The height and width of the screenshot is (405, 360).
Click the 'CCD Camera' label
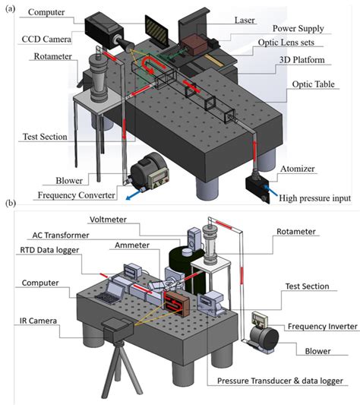click(46, 40)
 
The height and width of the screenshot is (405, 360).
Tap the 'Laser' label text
click(245, 21)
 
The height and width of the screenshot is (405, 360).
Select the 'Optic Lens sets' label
click(286, 43)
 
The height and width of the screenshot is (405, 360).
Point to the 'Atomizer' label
click(298, 169)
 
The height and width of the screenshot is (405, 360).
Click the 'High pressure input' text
click(314, 198)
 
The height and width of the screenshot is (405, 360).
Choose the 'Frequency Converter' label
click(76, 195)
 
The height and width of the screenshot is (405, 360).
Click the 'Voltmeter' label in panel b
click(108, 220)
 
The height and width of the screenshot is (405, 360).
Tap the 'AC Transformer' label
click(61, 236)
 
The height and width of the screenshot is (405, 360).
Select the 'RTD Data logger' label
click(49, 250)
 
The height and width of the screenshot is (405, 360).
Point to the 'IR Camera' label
click(38, 321)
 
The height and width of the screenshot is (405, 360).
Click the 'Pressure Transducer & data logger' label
click(280, 381)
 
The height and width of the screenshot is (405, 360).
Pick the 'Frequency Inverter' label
click(323, 327)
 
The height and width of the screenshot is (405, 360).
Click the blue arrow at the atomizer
click(271, 191)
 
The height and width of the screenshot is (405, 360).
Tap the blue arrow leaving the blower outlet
click(134, 195)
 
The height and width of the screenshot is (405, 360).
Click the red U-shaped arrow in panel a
click(152, 65)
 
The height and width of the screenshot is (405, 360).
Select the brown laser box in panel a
click(194, 44)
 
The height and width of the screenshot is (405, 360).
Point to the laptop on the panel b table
click(111, 293)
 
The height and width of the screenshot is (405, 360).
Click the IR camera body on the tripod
click(118, 329)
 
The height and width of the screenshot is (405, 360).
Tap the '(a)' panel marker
click(11, 9)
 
